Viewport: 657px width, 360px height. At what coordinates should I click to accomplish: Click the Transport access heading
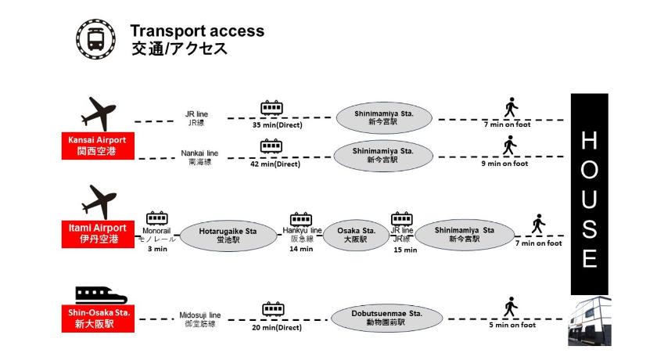[197, 31]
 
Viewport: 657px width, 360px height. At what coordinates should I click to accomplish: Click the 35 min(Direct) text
[277, 125]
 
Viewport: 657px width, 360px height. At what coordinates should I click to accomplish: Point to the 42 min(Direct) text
[275, 164]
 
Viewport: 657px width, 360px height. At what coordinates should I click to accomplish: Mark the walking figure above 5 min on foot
[512, 306]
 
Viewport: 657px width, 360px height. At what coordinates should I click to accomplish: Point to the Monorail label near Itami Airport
[156, 232]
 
